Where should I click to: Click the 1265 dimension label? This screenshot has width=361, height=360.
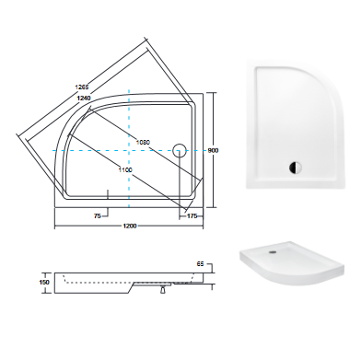point(82,87)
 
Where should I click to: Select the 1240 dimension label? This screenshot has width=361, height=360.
point(84,98)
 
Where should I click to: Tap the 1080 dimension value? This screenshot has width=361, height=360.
point(143,142)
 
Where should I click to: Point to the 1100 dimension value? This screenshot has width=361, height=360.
point(125,169)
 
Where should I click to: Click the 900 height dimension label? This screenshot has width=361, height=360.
point(214,150)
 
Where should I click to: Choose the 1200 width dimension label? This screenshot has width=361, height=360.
point(130,226)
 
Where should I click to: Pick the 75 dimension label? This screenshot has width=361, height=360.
point(98,216)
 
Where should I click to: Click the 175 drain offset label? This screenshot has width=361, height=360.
point(192,216)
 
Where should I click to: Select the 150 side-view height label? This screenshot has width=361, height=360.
point(44,283)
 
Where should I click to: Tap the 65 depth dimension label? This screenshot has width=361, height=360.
point(200,264)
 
